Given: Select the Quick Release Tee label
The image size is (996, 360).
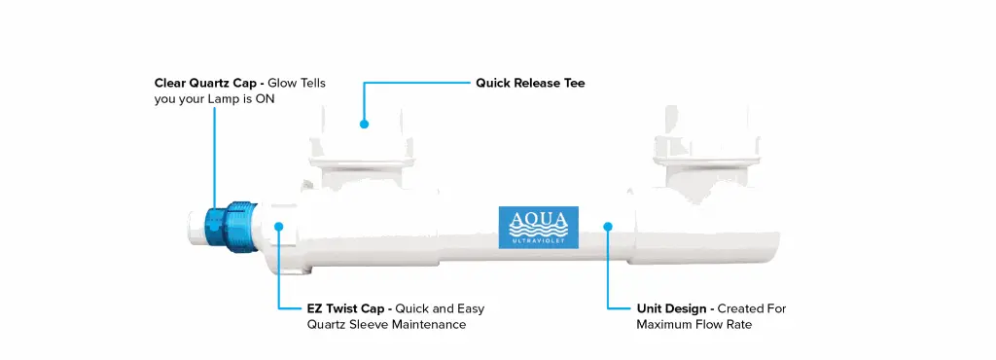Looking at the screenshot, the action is point(530,83).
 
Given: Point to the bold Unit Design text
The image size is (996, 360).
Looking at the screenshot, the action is point(671,309).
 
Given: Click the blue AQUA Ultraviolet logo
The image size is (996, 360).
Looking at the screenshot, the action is point(538,227).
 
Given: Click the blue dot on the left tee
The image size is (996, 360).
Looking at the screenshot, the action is point(364,125).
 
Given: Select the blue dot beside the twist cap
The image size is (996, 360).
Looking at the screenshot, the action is point(279,226).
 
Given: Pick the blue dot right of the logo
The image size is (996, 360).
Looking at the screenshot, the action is point(608,226).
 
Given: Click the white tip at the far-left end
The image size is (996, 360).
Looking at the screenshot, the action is point(195,226).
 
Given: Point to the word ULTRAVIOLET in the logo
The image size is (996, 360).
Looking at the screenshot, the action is point(538,241).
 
